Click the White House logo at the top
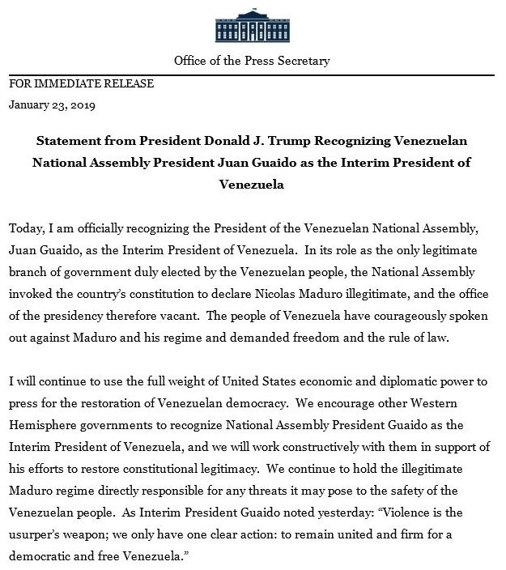pyautogui.click(x=252, y=24)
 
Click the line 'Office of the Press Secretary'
pyautogui.click(x=253, y=62)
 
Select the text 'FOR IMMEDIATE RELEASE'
pyautogui.click(x=81, y=83)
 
